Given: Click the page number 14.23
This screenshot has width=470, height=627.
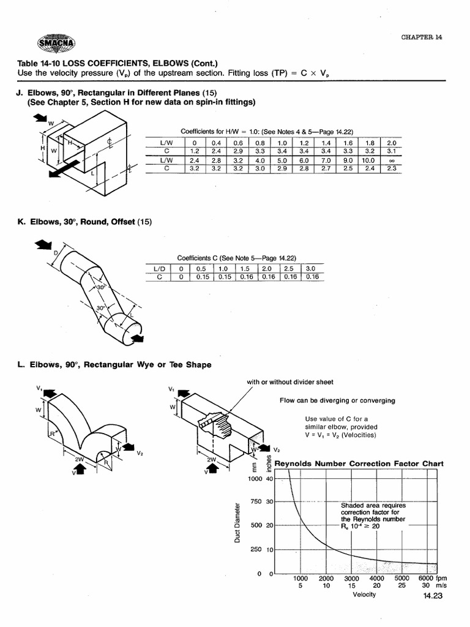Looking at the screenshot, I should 431,601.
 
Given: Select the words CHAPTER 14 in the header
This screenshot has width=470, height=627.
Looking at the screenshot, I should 421,37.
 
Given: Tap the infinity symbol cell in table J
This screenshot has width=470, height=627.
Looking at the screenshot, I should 392,160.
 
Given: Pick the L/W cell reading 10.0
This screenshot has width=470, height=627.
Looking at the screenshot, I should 369,160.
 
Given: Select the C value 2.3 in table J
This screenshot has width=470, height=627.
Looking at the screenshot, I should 392,168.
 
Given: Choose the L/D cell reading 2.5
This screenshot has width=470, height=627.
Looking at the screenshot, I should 289,269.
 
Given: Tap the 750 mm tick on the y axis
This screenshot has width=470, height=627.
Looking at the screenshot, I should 255,501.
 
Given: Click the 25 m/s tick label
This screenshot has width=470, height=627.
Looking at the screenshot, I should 401,586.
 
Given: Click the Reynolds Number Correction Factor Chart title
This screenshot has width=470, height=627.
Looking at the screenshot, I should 359,464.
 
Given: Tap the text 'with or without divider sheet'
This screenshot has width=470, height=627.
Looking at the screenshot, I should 290,382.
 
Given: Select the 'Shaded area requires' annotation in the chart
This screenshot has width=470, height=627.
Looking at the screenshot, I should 372,505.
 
